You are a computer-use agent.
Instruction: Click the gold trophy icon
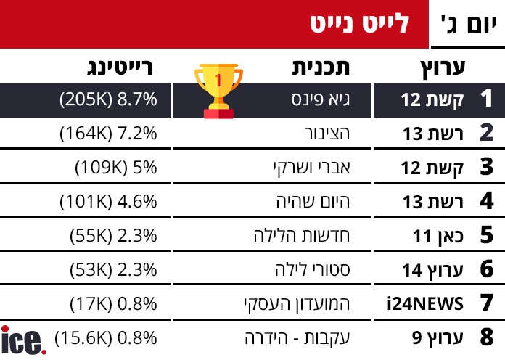218,90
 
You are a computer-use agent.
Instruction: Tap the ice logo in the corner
22,341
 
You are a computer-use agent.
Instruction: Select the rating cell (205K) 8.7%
108,100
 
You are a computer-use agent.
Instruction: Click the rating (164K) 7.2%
108,134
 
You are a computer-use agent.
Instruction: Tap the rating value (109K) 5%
116,168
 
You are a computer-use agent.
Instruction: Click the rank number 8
486,337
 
